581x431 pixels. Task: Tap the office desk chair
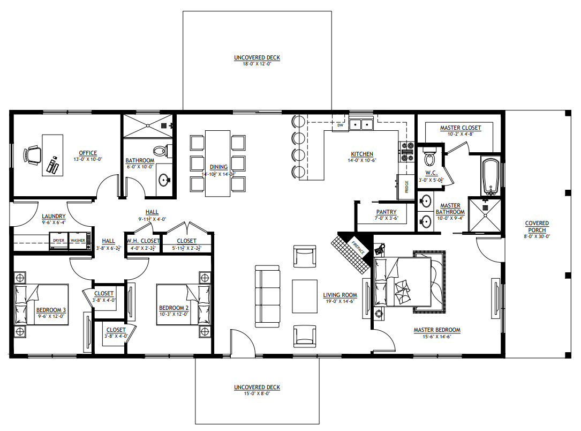pos(32,155)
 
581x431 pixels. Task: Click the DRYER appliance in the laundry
pos(58,241)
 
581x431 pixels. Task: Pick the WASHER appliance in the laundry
pos(78,241)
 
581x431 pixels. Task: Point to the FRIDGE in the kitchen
pos(405,187)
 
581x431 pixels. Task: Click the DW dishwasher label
pos(340,125)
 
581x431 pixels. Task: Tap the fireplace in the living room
pos(353,248)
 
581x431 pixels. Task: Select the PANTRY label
pos(386,212)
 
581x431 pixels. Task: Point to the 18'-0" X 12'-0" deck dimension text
pos(256,64)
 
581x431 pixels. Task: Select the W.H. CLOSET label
pos(143,241)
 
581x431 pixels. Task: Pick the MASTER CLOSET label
pos(460,128)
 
